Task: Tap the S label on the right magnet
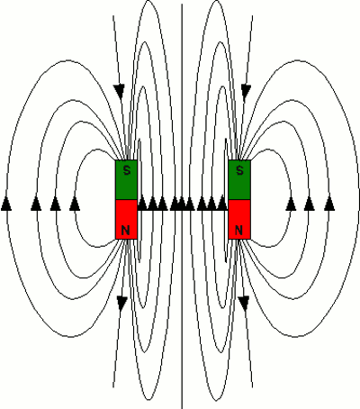238,170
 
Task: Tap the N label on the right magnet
238,231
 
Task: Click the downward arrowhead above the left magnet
118,90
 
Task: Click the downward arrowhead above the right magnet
243,90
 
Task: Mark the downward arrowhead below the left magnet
121,302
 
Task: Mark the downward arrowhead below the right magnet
242,302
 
